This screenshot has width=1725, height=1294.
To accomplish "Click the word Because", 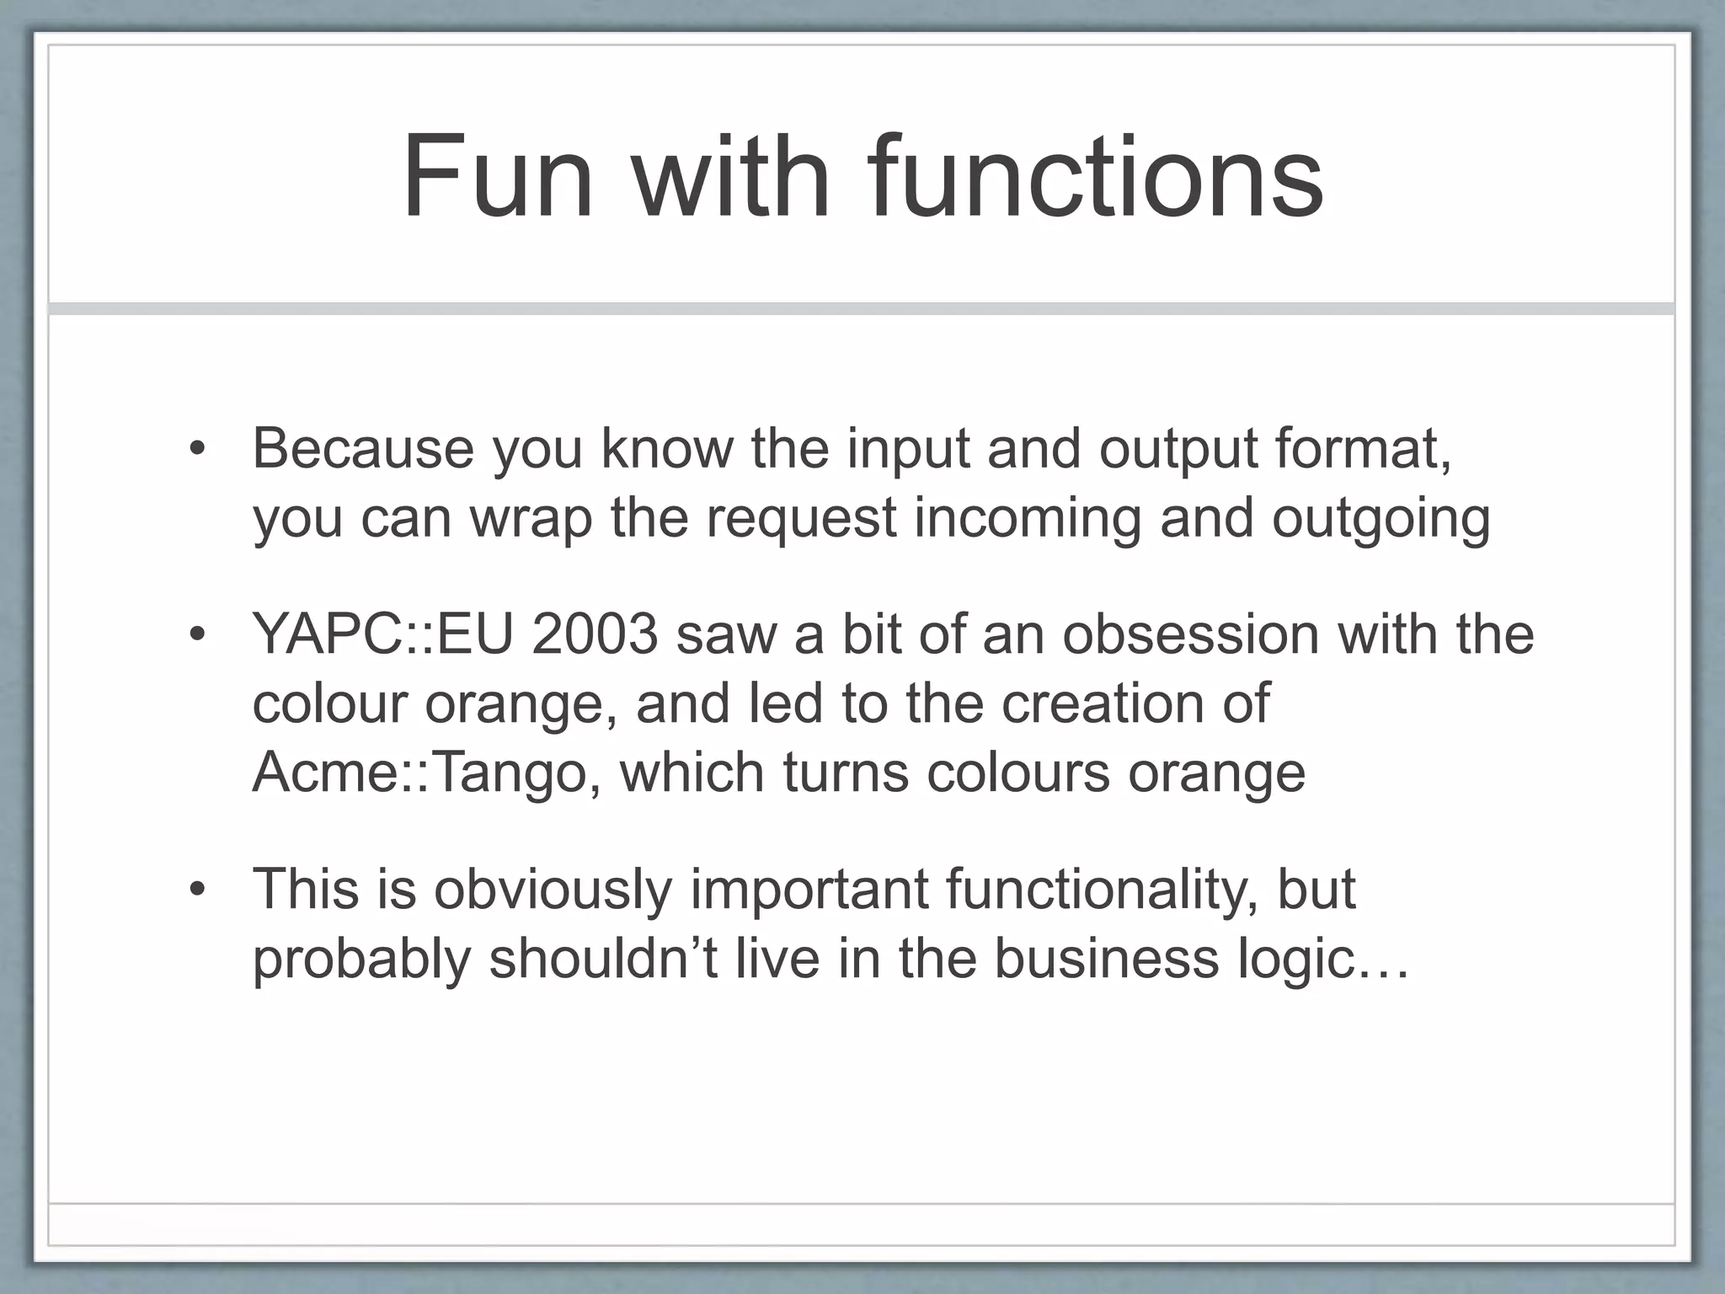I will coord(364,449).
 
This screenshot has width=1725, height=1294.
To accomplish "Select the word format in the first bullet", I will coord(1361,449).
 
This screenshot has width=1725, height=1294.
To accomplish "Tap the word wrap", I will coord(531,518).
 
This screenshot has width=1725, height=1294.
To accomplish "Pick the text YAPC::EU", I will coord(382,634).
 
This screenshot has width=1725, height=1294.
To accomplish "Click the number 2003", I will coord(594,634).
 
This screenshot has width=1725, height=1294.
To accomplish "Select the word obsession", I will coord(1189,634).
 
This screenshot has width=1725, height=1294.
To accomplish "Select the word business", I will coord(1106,959).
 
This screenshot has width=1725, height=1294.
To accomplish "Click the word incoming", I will coord(1028,518).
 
